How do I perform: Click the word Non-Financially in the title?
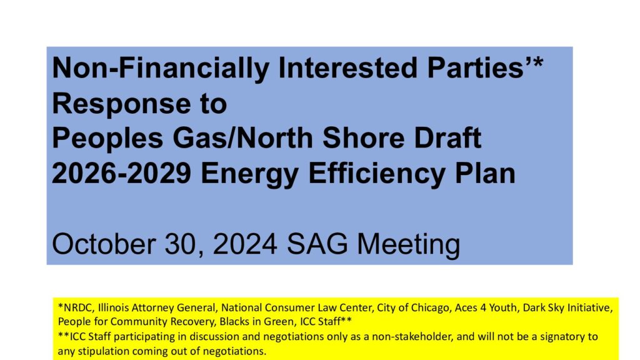click(161, 68)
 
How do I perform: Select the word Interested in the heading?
click(347, 67)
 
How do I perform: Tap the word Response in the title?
click(121, 104)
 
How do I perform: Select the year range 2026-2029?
click(121, 174)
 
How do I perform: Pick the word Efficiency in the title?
click(377, 174)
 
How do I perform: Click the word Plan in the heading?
click(485, 174)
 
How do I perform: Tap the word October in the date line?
click(104, 244)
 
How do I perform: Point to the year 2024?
click(245, 244)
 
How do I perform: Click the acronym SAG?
click(317, 244)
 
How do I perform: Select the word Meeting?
click(409, 245)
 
